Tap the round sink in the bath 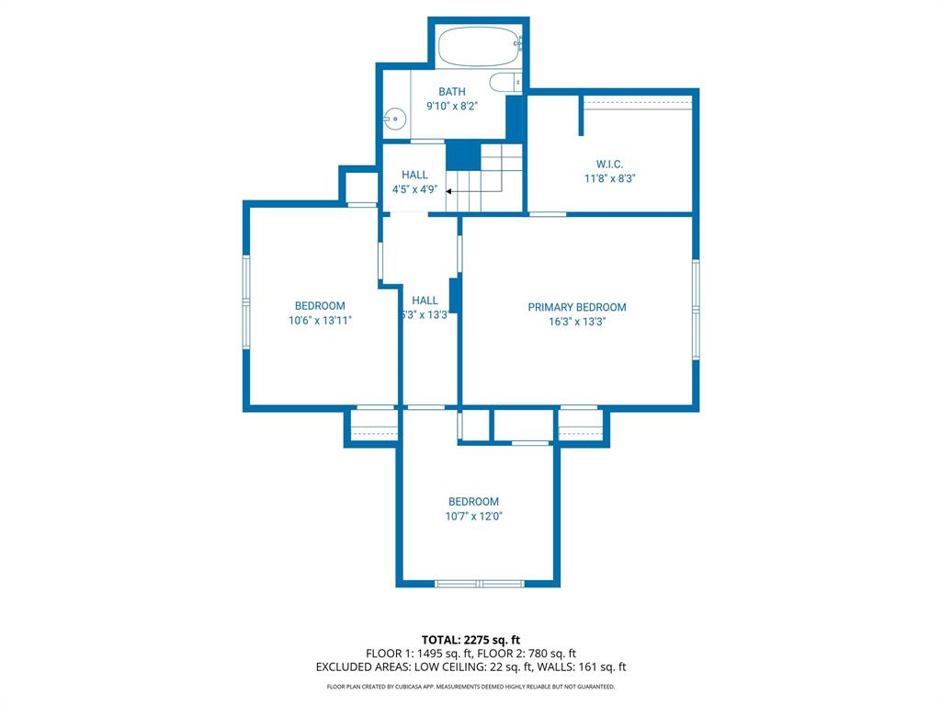click(x=394, y=118)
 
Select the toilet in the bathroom click(x=505, y=83)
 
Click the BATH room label click(x=451, y=91)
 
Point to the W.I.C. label click(x=609, y=164)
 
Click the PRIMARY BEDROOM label click(x=576, y=307)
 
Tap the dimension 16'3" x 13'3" click(x=576, y=322)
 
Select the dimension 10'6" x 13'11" click(x=320, y=321)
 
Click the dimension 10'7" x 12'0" click(x=473, y=517)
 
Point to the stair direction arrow click(x=450, y=191)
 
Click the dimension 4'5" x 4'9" click(x=414, y=189)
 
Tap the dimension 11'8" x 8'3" click(x=609, y=178)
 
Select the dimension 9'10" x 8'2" click(x=451, y=106)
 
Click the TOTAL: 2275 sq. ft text click(x=470, y=640)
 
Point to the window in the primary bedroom click(x=696, y=300)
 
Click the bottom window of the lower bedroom click(x=479, y=583)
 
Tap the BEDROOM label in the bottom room click(x=473, y=502)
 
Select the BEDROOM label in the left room click(x=320, y=306)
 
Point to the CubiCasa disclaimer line click(x=470, y=687)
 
